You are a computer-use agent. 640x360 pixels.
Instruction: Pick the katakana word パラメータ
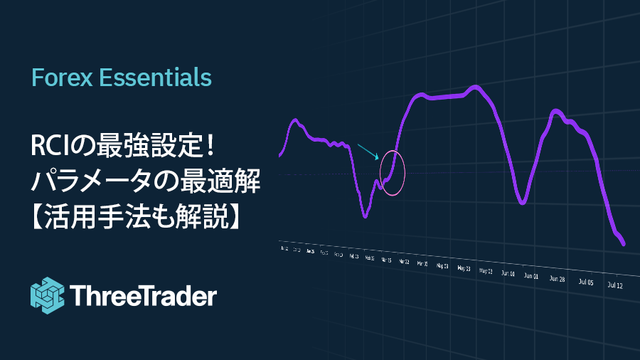pyautogui.click(x=84, y=182)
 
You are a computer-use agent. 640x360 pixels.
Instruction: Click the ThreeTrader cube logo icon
pyautogui.click(x=48, y=295)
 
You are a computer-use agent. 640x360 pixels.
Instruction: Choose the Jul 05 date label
pyautogui.click(x=586, y=282)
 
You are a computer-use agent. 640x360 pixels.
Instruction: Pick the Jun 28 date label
pyautogui.click(x=558, y=279)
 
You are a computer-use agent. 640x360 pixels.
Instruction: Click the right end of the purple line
pyautogui.click(x=624, y=244)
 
